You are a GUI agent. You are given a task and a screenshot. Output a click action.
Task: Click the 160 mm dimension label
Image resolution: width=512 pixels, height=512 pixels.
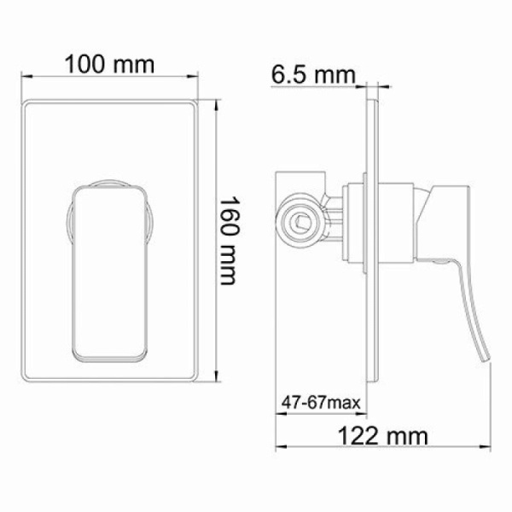tap(231, 242)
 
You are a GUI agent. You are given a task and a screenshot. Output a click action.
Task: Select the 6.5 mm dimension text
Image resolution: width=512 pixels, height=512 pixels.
tap(312, 76)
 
